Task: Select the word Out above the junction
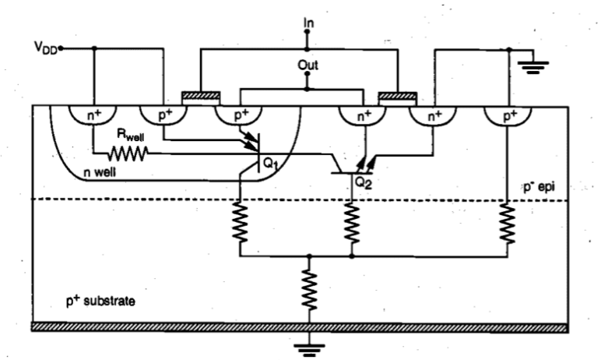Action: click(x=309, y=65)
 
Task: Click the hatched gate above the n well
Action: click(x=201, y=97)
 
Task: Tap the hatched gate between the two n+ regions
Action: click(x=397, y=97)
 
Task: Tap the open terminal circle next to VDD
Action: click(x=62, y=48)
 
